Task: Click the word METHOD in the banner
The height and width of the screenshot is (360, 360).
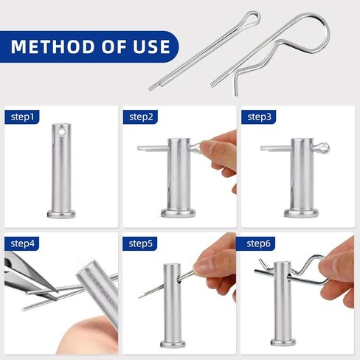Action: pyautogui.click(x=50, y=47)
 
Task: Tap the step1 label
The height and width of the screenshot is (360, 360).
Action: pyautogui.click(x=24, y=117)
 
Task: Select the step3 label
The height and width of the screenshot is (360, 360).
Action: pyautogui.click(x=259, y=117)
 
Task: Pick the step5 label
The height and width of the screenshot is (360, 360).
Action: pyautogui.click(x=141, y=243)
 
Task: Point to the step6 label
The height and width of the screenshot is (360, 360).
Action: pyautogui.click(x=259, y=243)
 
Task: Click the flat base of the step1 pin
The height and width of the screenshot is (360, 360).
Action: pyautogui.click(x=61, y=214)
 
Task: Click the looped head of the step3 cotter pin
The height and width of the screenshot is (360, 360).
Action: pyautogui.click(x=322, y=148)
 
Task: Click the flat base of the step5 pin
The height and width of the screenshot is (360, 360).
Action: pyautogui.click(x=171, y=341)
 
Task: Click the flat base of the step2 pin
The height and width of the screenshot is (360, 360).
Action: pyautogui.click(x=179, y=213)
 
